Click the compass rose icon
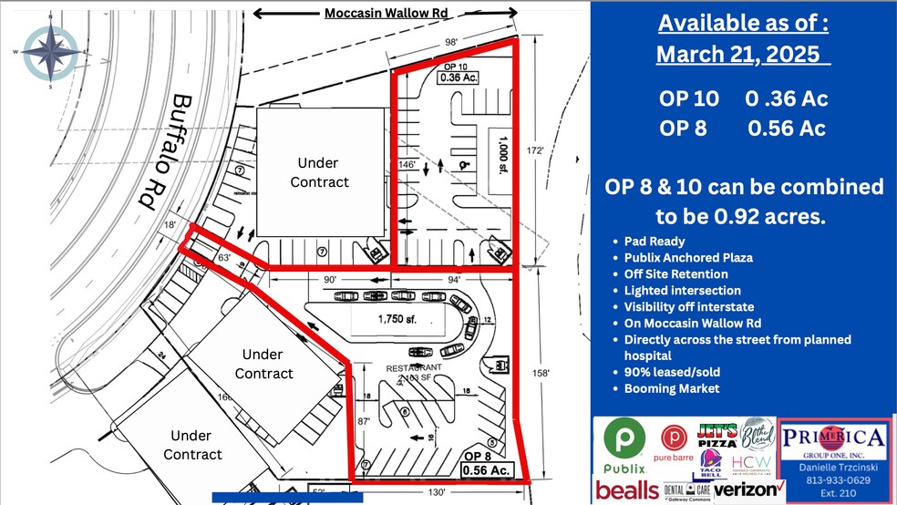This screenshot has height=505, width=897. (x=51, y=53)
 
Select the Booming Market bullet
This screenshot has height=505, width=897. (x=672, y=388)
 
